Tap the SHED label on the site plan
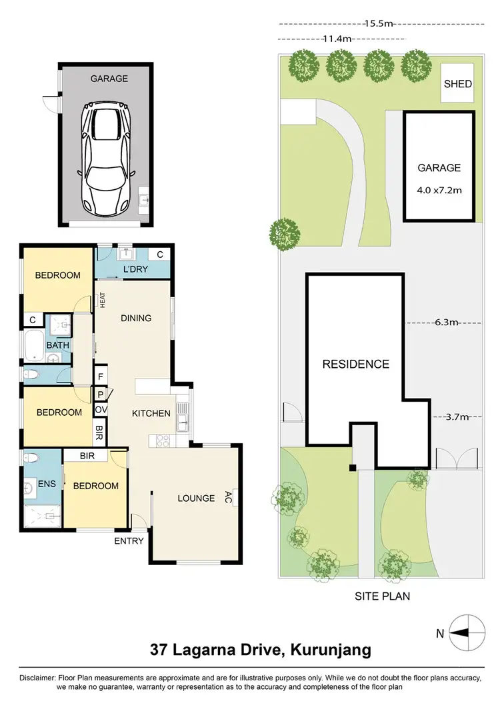pos(458,84)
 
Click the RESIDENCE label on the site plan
pos(355,364)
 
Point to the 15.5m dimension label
pos(379,23)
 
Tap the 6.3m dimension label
pos(447,323)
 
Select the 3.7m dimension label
pos(457,417)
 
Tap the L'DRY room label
pos(135,269)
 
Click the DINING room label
pos(136,318)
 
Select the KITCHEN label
pos(151,413)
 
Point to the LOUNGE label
pos(196,498)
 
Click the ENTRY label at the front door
pos(129,540)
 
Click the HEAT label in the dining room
pos(103,301)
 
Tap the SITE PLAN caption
pos(381,596)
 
